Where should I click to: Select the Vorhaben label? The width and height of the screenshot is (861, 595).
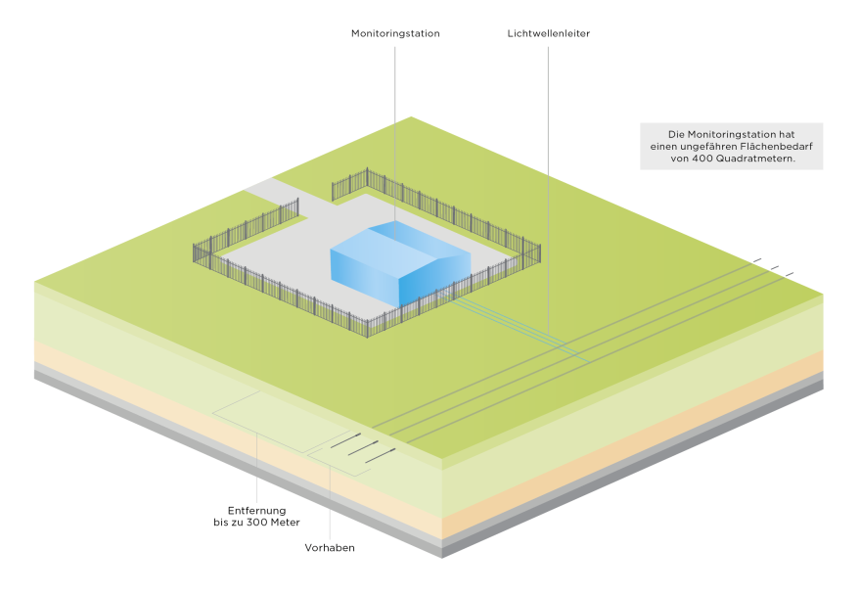point(330,548)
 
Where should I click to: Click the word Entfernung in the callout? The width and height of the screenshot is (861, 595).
point(256,511)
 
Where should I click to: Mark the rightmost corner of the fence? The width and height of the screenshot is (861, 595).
point(538,251)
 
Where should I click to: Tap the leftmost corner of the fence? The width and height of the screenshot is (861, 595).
point(195,252)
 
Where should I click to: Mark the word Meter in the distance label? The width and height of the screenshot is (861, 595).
point(285,523)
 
